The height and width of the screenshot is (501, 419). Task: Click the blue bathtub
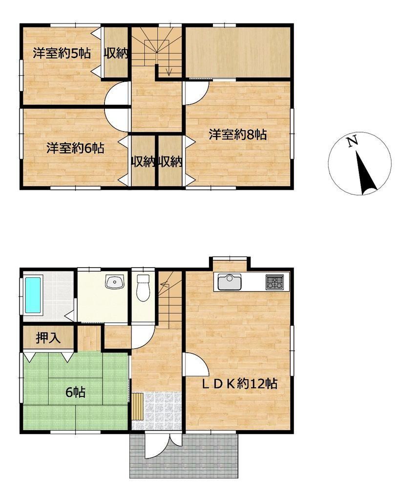coord(33,295)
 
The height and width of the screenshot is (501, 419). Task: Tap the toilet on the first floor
coord(143,288)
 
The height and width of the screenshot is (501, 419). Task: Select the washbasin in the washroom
coord(114,282)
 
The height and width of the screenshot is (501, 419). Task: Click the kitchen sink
coord(230,282)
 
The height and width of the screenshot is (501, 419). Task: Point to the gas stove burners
coord(274,282)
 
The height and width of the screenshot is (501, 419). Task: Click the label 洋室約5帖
coord(62,53)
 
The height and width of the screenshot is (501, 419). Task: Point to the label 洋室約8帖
coord(238,135)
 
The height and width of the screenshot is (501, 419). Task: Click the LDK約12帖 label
coord(240,384)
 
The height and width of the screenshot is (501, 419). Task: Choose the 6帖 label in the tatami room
coord(75,392)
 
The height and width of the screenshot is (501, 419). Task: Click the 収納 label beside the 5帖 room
coord(116,53)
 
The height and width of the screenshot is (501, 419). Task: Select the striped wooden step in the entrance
coord(137,406)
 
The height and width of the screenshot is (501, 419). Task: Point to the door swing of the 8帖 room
coord(196,92)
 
